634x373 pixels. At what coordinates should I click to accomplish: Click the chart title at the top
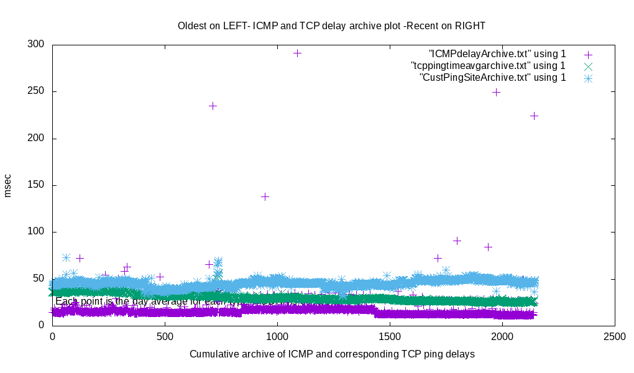331,26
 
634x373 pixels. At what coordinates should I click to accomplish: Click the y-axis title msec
8,185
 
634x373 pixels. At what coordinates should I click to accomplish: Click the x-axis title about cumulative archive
332,354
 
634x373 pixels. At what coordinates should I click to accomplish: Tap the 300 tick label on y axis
35,45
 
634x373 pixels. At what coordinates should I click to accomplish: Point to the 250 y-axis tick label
35,91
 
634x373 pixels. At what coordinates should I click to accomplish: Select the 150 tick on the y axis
35,185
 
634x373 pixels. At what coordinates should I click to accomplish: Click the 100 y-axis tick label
35,232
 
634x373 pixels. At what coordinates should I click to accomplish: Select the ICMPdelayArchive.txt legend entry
497,54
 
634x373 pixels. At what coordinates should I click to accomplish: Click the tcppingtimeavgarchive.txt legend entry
488,66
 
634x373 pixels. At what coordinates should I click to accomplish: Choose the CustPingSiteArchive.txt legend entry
493,78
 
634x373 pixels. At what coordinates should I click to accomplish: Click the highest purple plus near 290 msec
297,53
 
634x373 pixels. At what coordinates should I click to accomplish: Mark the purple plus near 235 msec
213,106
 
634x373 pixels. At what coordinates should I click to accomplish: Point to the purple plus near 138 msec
265,196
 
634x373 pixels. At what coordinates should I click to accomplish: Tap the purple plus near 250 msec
496,92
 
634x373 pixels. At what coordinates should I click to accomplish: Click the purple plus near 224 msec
533,116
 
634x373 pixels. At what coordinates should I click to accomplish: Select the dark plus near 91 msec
457,241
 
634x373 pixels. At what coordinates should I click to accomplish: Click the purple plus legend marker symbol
587,54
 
